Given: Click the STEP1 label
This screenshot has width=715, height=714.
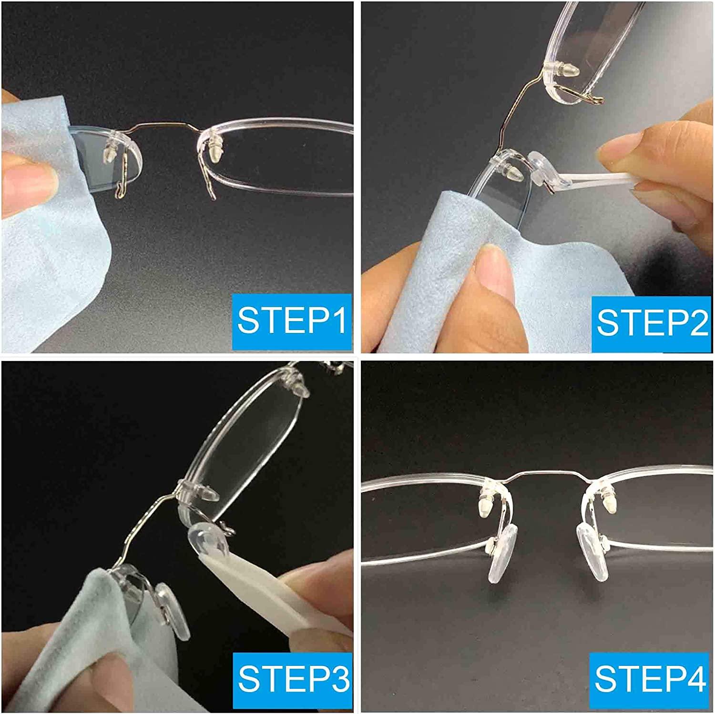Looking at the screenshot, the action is (291, 320).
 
